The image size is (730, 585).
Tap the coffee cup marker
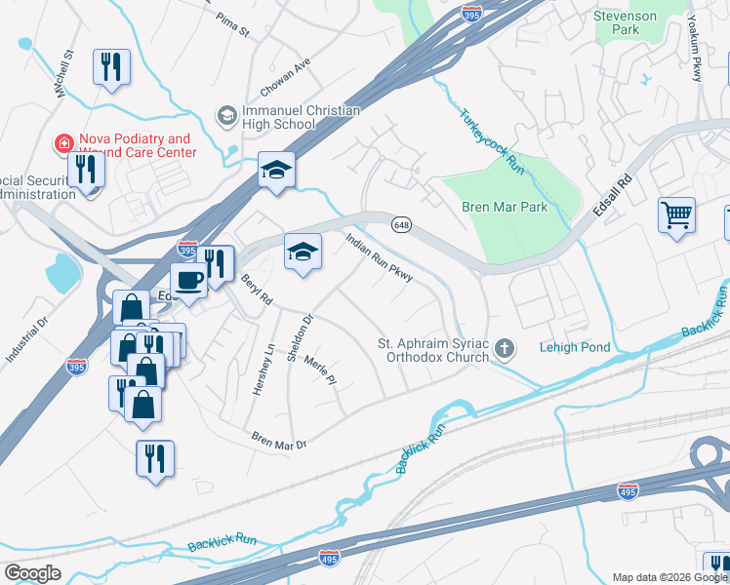click(x=189, y=280)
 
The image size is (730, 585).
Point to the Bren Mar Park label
click(x=504, y=207)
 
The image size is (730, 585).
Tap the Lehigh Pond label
click(x=575, y=348)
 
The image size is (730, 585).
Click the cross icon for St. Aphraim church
click(x=505, y=348)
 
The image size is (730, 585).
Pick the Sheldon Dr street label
click(x=299, y=337)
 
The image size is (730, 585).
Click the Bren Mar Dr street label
click(x=279, y=441)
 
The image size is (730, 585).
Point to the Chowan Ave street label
click(x=285, y=77)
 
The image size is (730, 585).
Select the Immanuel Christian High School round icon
click(x=226, y=116)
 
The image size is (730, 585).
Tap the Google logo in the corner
click(x=32, y=573)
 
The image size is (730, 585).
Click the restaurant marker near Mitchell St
click(x=110, y=66)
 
